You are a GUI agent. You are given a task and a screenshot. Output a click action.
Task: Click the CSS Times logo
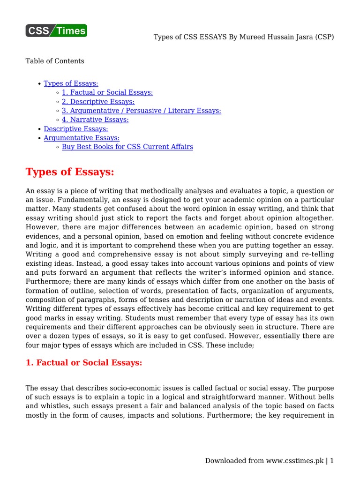56,31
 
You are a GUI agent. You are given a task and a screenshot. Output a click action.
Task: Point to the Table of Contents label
55,61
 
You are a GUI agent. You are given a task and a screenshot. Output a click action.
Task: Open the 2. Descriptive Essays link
98,101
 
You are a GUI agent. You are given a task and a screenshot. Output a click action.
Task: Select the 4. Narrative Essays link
95,120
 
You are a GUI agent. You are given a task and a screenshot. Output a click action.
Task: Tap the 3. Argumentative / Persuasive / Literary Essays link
141,111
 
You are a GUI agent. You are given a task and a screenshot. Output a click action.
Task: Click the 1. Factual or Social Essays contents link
107,92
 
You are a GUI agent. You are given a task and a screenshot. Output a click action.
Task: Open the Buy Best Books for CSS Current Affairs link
127,147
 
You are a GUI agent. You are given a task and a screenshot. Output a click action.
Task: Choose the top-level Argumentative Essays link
82,138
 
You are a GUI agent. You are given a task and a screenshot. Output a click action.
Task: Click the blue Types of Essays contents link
71,83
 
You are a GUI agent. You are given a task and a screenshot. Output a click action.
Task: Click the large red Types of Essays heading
70,172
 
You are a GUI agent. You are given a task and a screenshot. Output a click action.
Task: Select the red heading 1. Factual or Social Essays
83,363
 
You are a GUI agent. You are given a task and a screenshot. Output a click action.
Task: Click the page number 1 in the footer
332,461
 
